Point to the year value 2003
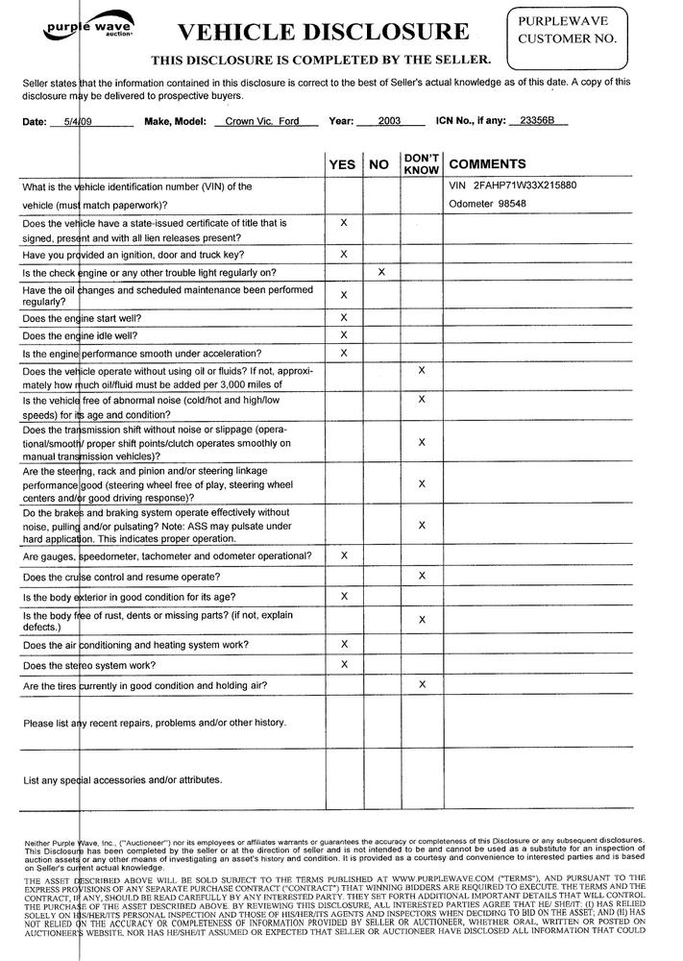[390, 122]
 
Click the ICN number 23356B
[537, 122]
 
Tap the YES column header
[342, 164]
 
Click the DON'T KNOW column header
[421, 163]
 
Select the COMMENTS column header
[487, 164]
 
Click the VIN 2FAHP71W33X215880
[512, 185]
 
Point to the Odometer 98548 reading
[487, 204]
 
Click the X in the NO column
[381, 272]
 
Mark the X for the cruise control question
[421, 576]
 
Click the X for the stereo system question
[343, 664]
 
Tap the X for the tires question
[421, 684]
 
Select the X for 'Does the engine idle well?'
[343, 334]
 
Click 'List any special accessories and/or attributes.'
[123, 779]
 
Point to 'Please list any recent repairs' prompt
[154, 723]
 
